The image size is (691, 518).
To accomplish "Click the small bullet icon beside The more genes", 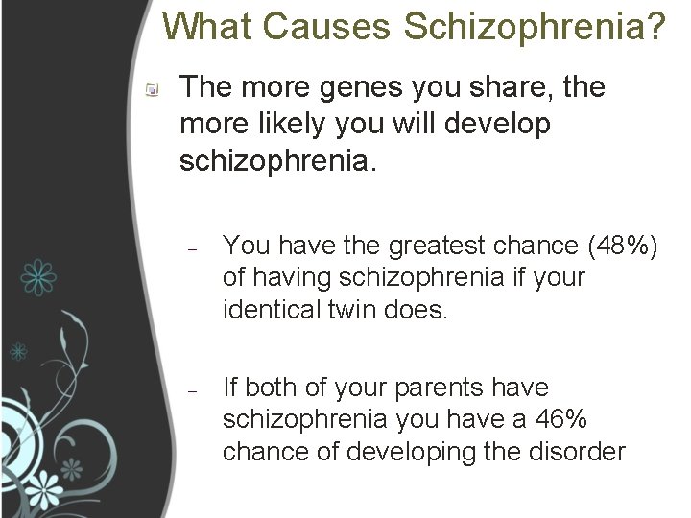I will pos(153,89).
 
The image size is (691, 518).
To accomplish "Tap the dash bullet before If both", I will pos(193,389).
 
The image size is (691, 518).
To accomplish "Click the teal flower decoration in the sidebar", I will pos(39,276).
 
